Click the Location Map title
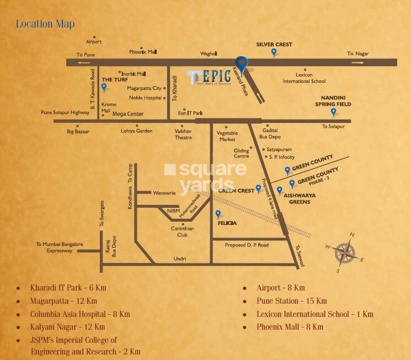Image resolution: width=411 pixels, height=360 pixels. (45, 24)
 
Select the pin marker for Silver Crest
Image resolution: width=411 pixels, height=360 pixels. (274, 52)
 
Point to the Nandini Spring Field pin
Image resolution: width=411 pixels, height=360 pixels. (333, 112)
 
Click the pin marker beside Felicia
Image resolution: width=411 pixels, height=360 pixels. (218, 214)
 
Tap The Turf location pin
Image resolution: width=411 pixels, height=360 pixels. (104, 87)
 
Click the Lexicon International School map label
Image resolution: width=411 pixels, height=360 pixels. (304, 78)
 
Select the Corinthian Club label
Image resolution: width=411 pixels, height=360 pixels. (182, 232)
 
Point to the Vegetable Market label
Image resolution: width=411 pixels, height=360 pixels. (227, 136)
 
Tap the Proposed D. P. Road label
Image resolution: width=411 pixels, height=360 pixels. (247, 245)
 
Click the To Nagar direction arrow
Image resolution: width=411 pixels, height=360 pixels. (357, 63)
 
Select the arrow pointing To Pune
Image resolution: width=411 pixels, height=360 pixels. (86, 63)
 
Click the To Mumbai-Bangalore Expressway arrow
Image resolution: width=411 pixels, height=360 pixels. (85, 251)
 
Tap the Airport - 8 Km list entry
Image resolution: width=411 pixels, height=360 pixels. (280, 288)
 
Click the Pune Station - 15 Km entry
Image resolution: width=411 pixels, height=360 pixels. (292, 301)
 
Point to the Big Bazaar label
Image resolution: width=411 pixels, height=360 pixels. (78, 131)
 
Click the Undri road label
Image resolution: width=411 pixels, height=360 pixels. (179, 259)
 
